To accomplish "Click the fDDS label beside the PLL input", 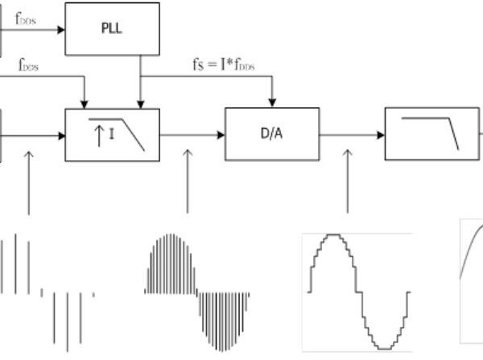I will point(27,14).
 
